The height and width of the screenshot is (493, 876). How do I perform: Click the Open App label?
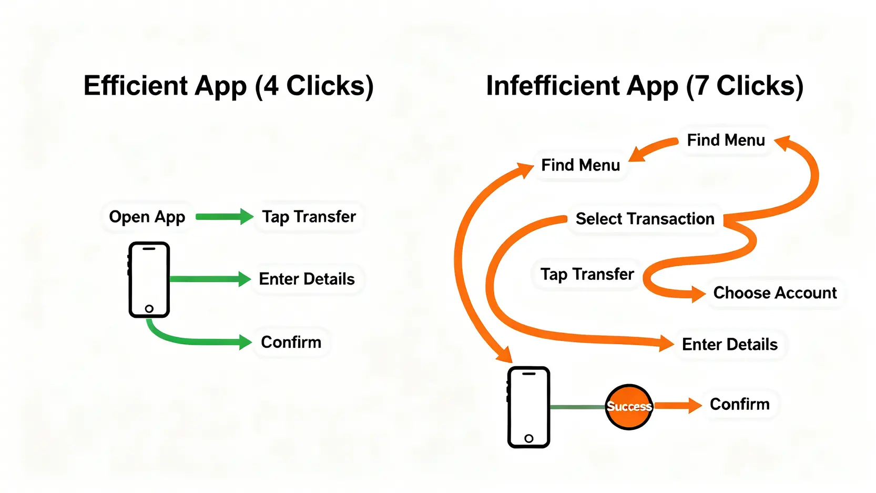pos(147,217)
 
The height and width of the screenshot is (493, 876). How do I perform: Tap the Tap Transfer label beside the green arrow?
pos(309,217)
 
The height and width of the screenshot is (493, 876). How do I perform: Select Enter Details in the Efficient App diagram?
pos(307,279)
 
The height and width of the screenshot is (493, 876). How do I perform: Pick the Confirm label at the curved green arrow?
pos(291,342)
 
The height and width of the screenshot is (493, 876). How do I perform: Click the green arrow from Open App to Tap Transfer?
pos(223,217)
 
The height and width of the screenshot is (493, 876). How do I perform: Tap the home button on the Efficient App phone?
pos(149,309)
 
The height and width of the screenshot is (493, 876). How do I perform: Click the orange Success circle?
pos(629,407)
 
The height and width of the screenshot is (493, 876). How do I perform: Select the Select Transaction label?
pos(645,219)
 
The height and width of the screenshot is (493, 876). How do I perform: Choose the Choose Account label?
pos(775,293)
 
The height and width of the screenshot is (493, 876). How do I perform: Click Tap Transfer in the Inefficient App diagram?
pos(587,274)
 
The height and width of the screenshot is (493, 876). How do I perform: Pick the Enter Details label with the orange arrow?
pos(729,345)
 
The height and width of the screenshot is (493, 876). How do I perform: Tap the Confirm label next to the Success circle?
pos(739,404)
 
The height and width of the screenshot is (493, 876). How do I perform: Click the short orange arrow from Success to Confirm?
pos(677,405)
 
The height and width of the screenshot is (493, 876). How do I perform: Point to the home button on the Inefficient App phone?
pos(529,438)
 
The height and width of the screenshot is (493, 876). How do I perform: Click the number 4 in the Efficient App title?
pos(271,86)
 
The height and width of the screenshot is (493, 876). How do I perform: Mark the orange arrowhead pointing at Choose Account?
pos(698,294)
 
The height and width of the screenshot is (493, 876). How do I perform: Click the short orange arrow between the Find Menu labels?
pos(653,149)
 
